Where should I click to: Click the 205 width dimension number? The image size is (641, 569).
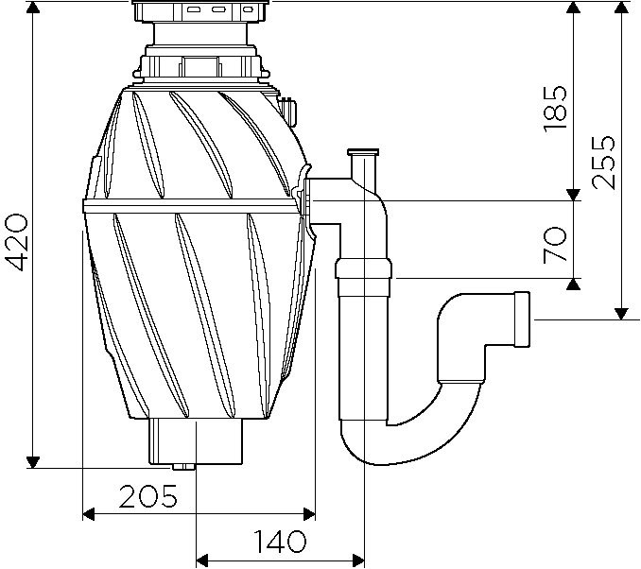click(x=148, y=496)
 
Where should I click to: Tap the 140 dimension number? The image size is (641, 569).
click(x=280, y=543)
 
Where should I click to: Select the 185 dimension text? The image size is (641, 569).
click(x=557, y=107)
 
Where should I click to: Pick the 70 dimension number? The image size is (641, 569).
click(x=557, y=245)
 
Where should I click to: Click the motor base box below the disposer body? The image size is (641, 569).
click(x=197, y=441)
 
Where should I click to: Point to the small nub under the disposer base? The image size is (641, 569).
click(x=182, y=468)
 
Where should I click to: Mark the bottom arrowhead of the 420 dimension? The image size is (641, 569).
click(x=33, y=461)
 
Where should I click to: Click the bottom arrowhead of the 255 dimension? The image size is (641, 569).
click(x=621, y=313)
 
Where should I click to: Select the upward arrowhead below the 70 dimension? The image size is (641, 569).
click(x=573, y=284)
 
